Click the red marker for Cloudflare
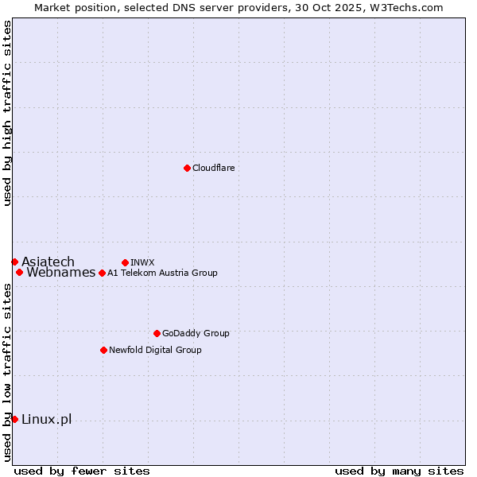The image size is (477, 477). point(187,168)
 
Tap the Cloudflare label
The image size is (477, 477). point(213,168)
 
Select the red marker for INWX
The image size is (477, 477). point(125,262)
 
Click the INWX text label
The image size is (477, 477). point(142,262)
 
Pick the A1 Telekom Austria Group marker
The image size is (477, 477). point(102,273)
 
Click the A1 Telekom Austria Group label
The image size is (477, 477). point(162,273)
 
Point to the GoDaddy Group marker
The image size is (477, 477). point(157,333)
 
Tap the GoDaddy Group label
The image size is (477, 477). point(195,333)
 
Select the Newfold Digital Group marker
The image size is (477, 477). point(103,350)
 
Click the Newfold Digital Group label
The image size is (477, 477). point(155,350)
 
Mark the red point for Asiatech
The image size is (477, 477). point(14,262)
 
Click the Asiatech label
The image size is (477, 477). point(48,262)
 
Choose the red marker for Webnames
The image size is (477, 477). point(19,272)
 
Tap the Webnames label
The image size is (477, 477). point(60,273)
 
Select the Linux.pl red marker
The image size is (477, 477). point(14,419)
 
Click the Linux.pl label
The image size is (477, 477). point(46,420)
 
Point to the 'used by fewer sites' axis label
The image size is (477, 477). point(82,471)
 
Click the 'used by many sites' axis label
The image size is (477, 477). point(399,471)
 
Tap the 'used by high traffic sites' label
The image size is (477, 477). point(7,114)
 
